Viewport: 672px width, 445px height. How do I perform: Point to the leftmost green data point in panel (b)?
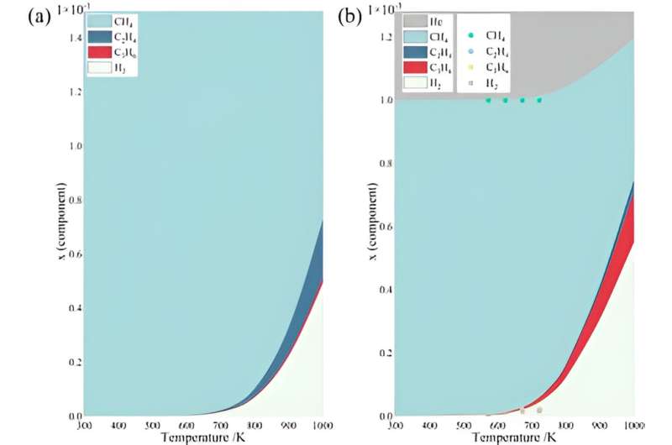coord(487,100)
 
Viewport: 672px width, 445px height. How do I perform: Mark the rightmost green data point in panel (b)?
coord(539,100)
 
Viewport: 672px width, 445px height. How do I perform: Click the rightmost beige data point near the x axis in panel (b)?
coord(539,410)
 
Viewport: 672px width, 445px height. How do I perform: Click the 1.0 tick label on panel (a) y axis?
coord(73,146)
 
